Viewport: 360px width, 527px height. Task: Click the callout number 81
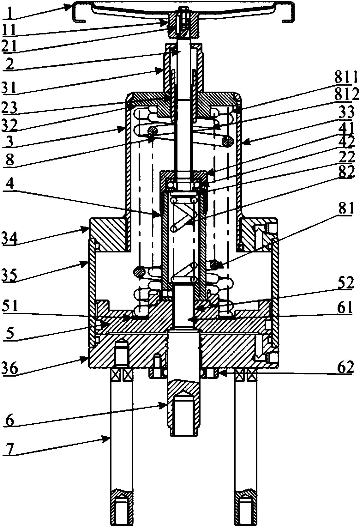(x=346, y=208)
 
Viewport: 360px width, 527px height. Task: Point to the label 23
(x=9, y=108)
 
